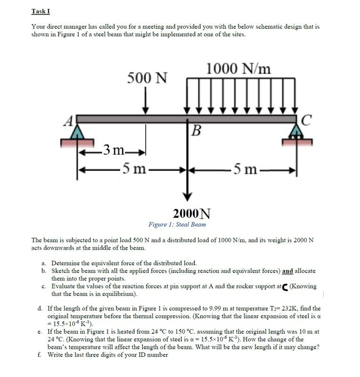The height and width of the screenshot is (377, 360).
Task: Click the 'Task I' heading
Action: (x=41, y=11)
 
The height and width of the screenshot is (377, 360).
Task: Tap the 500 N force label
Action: (x=147, y=78)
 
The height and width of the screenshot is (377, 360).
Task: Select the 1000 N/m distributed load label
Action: (x=238, y=69)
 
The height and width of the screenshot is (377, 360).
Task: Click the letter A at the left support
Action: (x=69, y=121)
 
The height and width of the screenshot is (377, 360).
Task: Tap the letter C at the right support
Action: (x=306, y=121)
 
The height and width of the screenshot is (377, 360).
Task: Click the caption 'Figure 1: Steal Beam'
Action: (x=177, y=224)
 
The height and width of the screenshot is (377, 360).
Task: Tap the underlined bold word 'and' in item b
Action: (x=287, y=271)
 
